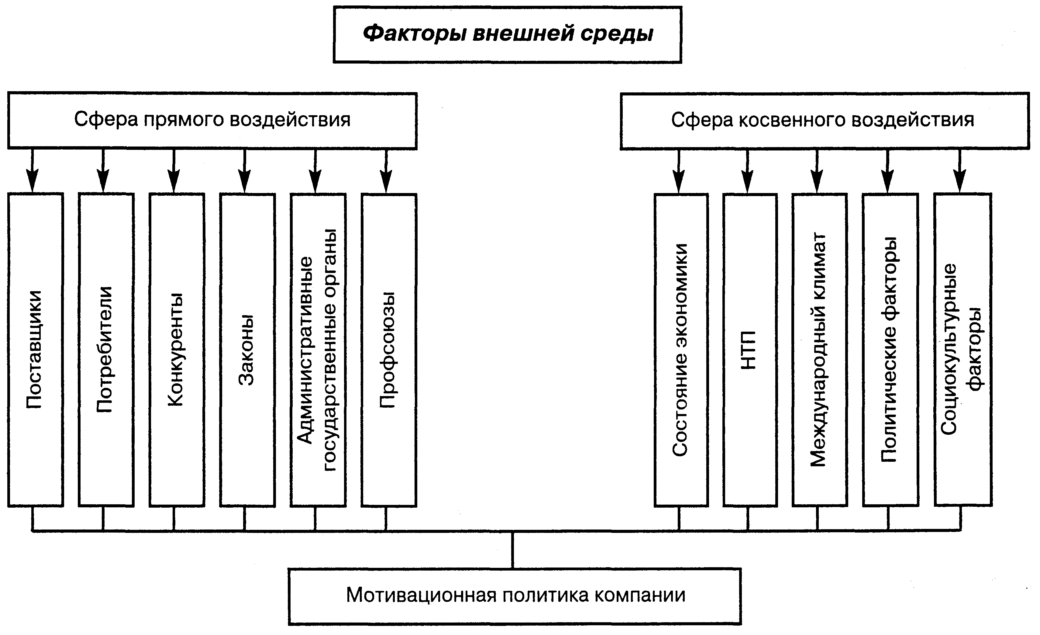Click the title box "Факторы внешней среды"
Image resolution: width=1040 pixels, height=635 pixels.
507,35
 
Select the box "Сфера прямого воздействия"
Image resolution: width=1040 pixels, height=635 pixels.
212,120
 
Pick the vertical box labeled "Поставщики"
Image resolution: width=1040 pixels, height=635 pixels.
36,350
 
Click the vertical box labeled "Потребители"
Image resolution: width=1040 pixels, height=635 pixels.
106,350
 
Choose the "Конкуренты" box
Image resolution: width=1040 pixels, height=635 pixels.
177,350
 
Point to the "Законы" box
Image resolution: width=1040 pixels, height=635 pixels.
247,350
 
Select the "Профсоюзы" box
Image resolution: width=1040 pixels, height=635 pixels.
389,350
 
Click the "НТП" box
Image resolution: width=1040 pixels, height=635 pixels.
750,350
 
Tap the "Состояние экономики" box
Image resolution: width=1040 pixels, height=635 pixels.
681,350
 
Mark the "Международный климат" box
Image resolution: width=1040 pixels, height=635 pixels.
819,350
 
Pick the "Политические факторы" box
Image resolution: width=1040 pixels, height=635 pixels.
890,350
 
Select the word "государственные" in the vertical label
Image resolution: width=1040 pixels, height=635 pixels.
330,350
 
